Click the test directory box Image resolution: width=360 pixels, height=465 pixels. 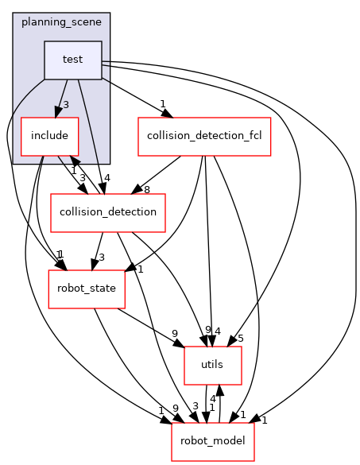[73, 60]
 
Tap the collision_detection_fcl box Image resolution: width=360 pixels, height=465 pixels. [205, 137]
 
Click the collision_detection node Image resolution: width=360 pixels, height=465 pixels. [108, 213]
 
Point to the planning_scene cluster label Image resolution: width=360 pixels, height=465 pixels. [61, 22]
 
